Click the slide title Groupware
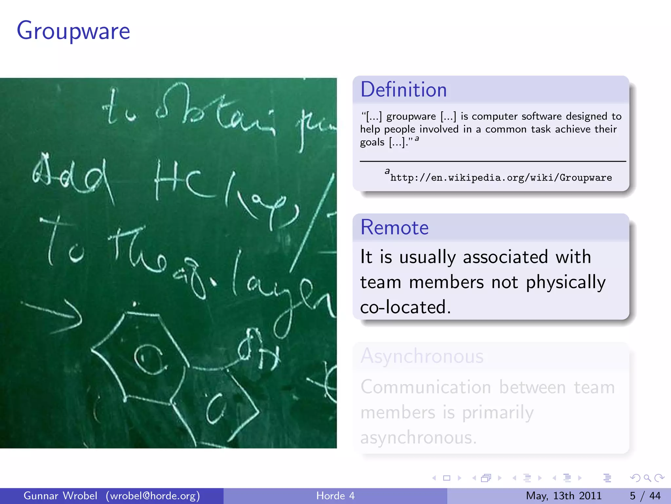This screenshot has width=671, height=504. coord(73,31)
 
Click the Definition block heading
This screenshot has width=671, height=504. coord(403,90)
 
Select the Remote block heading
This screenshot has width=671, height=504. coord(394,227)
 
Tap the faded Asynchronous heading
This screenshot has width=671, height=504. coord(422,356)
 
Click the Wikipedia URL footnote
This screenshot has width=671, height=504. coord(501,178)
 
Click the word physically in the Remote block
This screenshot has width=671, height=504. coord(566,282)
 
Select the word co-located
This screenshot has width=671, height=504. coord(405,307)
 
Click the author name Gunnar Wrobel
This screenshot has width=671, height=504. coord(60,496)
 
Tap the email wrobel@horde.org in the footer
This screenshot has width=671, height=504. coord(153,496)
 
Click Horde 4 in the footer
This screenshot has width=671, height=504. coord(335,496)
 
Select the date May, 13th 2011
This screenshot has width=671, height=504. coord(564,496)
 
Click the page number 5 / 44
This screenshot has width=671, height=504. coord(645,496)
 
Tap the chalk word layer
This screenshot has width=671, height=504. coord(282,292)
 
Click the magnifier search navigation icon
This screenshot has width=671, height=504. coord(647,478)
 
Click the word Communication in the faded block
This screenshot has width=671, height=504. coord(426,388)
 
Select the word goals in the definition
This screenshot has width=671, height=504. coord(372,142)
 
